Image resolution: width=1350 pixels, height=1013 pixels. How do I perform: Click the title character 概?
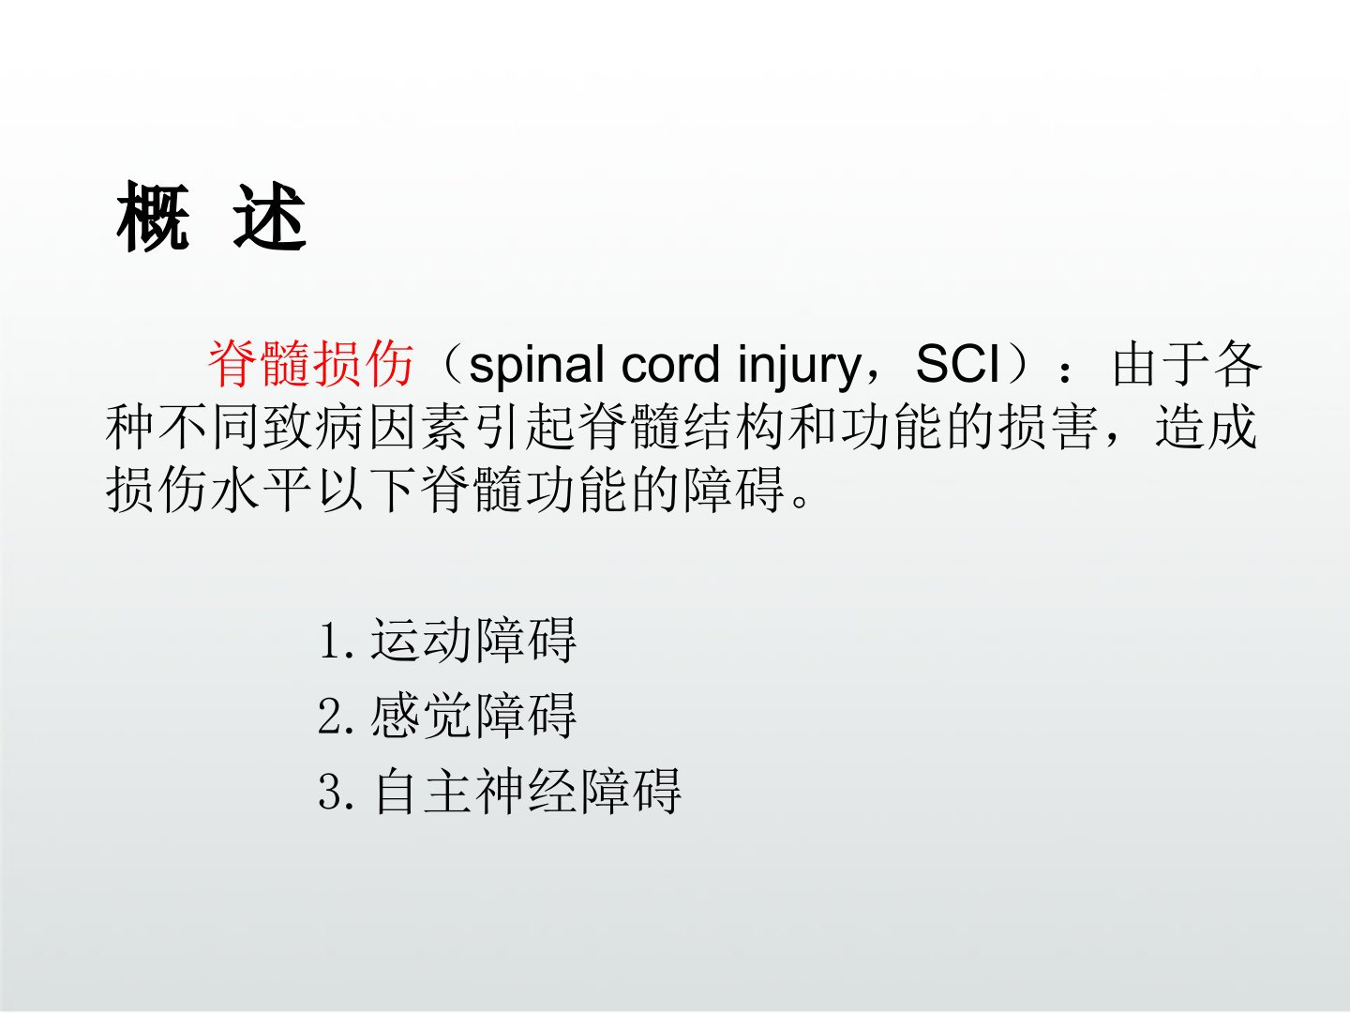(153, 216)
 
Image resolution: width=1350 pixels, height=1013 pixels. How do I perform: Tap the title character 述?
(270, 216)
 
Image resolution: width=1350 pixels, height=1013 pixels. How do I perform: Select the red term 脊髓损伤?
(311, 364)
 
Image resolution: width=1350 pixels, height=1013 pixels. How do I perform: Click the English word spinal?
(536, 365)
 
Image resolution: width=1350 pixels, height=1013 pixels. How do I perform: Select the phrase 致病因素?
(367, 427)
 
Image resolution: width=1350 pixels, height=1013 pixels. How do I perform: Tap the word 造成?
(1206, 427)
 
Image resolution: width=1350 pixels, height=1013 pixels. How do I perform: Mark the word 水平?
(262, 490)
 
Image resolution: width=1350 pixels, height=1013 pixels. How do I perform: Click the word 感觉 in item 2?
(421, 716)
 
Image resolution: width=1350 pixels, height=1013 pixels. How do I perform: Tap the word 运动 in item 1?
(421, 641)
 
